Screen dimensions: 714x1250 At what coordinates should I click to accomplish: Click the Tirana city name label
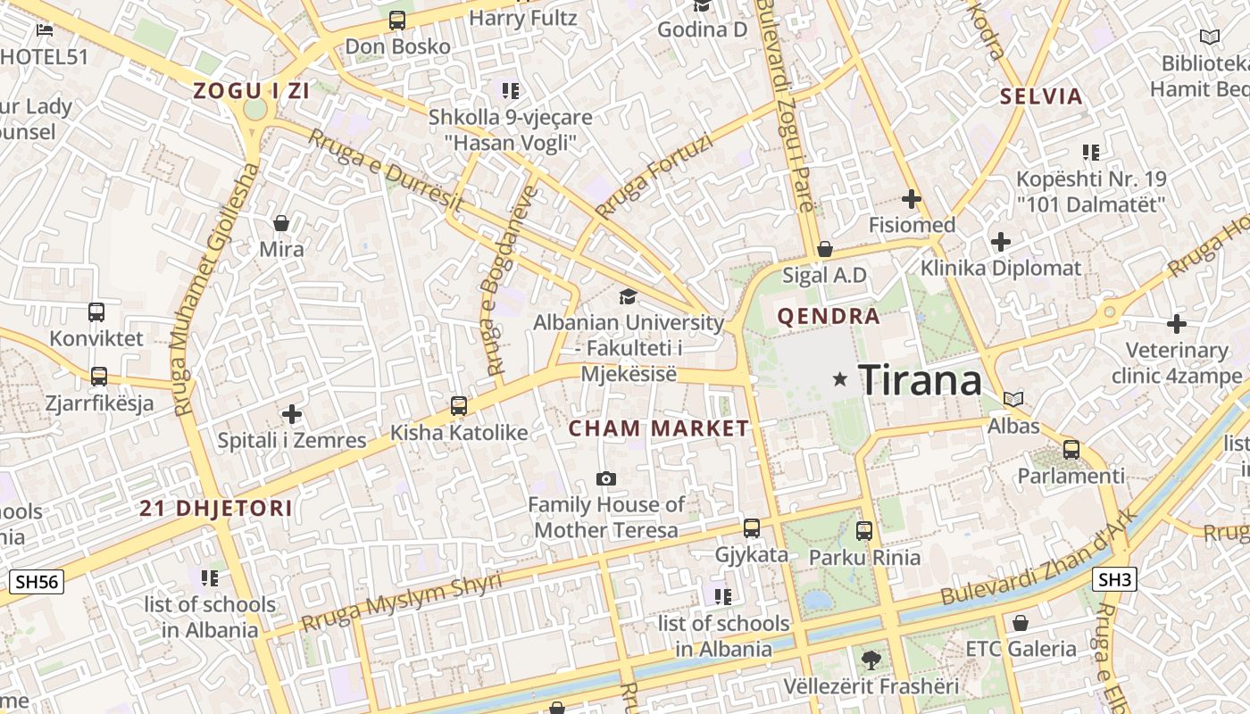pos(920,380)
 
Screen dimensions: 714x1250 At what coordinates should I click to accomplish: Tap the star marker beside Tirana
pos(839,379)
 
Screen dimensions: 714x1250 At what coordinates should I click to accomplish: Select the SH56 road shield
pos(37,582)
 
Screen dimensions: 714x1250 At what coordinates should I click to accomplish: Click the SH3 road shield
pos(1114,580)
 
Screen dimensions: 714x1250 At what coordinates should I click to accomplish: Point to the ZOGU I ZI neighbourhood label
pos(240,90)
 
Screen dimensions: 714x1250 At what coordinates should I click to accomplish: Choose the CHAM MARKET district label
pos(659,428)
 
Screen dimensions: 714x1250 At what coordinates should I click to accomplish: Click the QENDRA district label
pos(829,316)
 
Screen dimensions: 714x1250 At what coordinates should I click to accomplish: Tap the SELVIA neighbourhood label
pos(1041,96)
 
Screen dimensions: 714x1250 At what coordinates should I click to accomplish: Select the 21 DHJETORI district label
pos(216,509)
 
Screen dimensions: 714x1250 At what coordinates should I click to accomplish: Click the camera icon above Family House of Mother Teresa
pos(606,479)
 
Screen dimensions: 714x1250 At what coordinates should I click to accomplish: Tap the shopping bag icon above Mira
pos(281,223)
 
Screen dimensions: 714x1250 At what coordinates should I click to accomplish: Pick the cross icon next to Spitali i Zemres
pos(291,414)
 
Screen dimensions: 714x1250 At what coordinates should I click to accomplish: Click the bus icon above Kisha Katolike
pos(459,406)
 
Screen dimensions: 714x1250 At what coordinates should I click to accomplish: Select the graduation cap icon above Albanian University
pos(629,296)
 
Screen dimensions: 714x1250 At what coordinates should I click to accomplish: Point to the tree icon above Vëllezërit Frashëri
pos(871,660)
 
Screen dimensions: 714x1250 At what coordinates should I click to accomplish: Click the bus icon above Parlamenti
pos(1071,449)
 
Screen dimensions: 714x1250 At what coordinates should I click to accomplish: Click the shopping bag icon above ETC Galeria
pos(1021,622)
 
